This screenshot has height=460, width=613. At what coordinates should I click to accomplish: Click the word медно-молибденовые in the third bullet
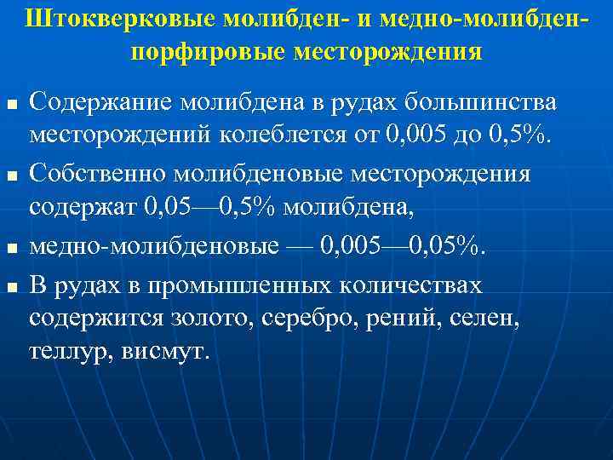click(154, 247)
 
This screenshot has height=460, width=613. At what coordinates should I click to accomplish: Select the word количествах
click(423, 285)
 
